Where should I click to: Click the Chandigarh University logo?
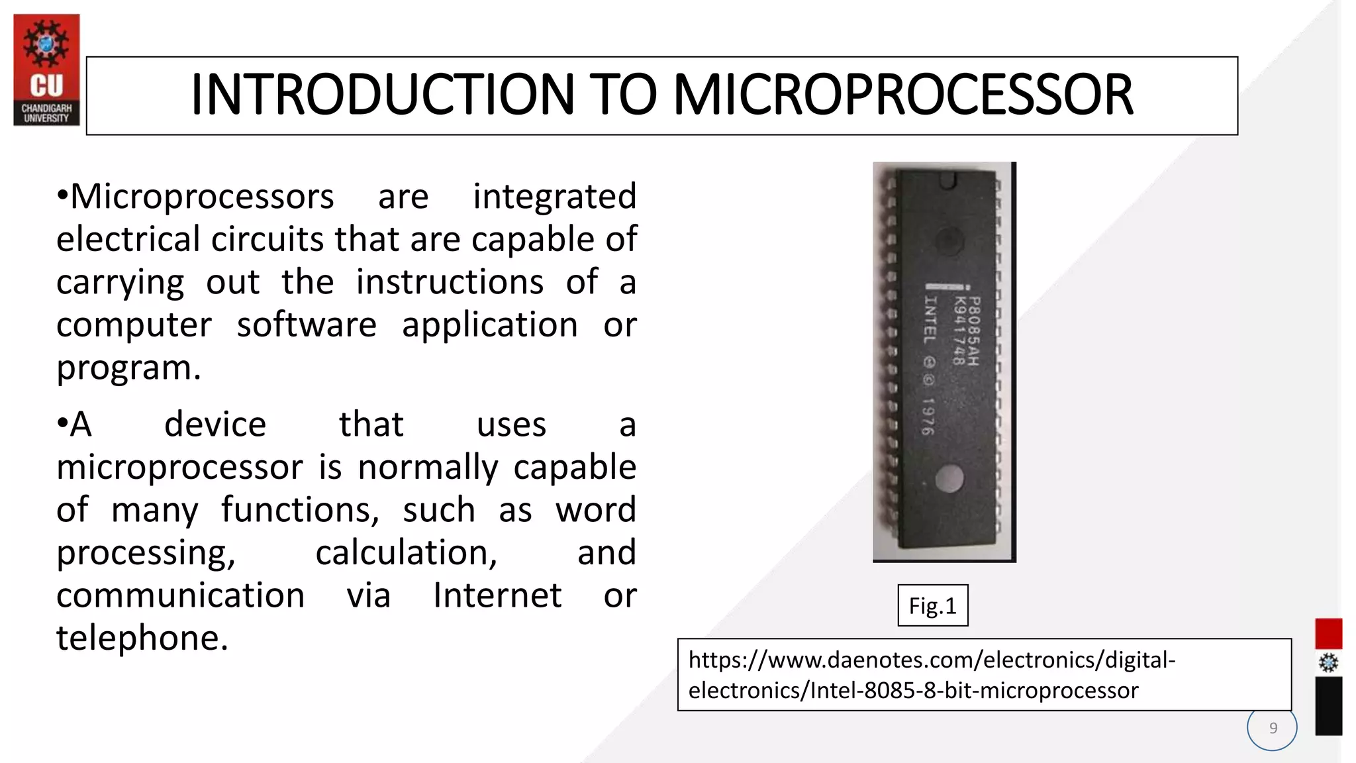(46, 70)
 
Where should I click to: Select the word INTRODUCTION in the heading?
(382, 95)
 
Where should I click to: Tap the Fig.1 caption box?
(932, 605)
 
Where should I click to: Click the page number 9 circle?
(1272, 728)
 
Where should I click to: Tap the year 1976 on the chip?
(928, 417)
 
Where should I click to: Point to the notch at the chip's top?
(948, 179)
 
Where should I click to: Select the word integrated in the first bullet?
(554, 197)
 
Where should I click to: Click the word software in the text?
(307, 325)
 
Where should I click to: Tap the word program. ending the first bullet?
(128, 368)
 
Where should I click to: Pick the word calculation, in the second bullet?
(406, 553)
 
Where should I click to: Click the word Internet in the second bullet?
(497, 595)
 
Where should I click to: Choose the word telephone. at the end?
(142, 638)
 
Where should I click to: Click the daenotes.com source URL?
(932, 675)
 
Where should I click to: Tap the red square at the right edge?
(1328, 634)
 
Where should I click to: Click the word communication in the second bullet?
(180, 595)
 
